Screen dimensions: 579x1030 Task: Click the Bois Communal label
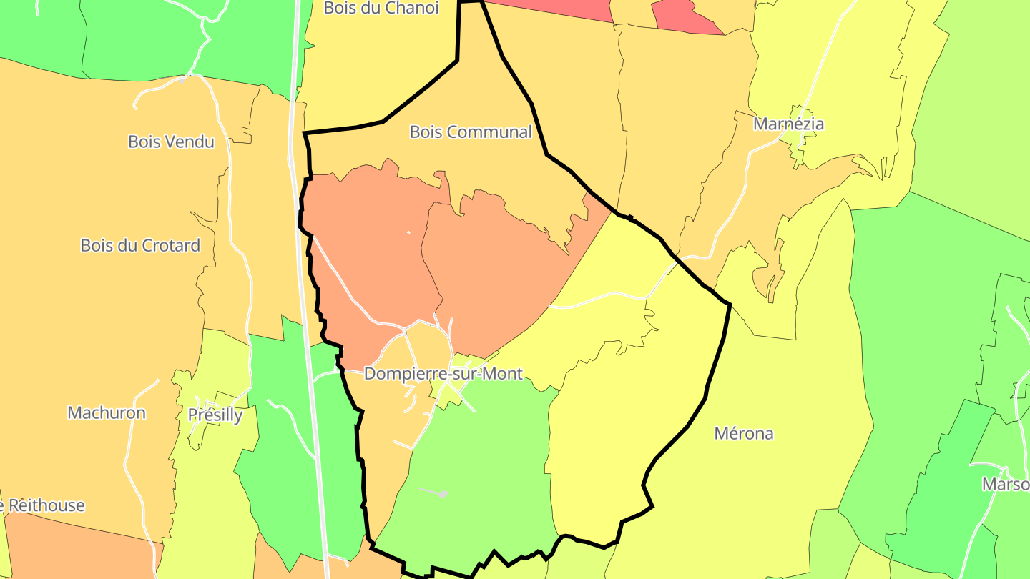tap(471, 132)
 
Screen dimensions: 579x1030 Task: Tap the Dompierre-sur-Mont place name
tap(443, 374)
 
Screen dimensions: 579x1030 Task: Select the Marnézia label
tap(788, 124)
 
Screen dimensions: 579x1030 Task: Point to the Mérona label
tap(744, 434)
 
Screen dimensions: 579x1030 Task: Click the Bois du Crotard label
tap(140, 246)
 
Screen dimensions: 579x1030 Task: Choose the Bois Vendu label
tap(171, 142)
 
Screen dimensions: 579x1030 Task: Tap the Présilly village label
tap(215, 415)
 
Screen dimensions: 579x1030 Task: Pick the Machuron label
tap(107, 413)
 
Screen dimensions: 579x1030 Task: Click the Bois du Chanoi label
tap(381, 8)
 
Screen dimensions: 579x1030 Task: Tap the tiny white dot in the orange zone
tap(408, 232)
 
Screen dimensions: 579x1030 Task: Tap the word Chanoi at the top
tap(411, 8)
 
